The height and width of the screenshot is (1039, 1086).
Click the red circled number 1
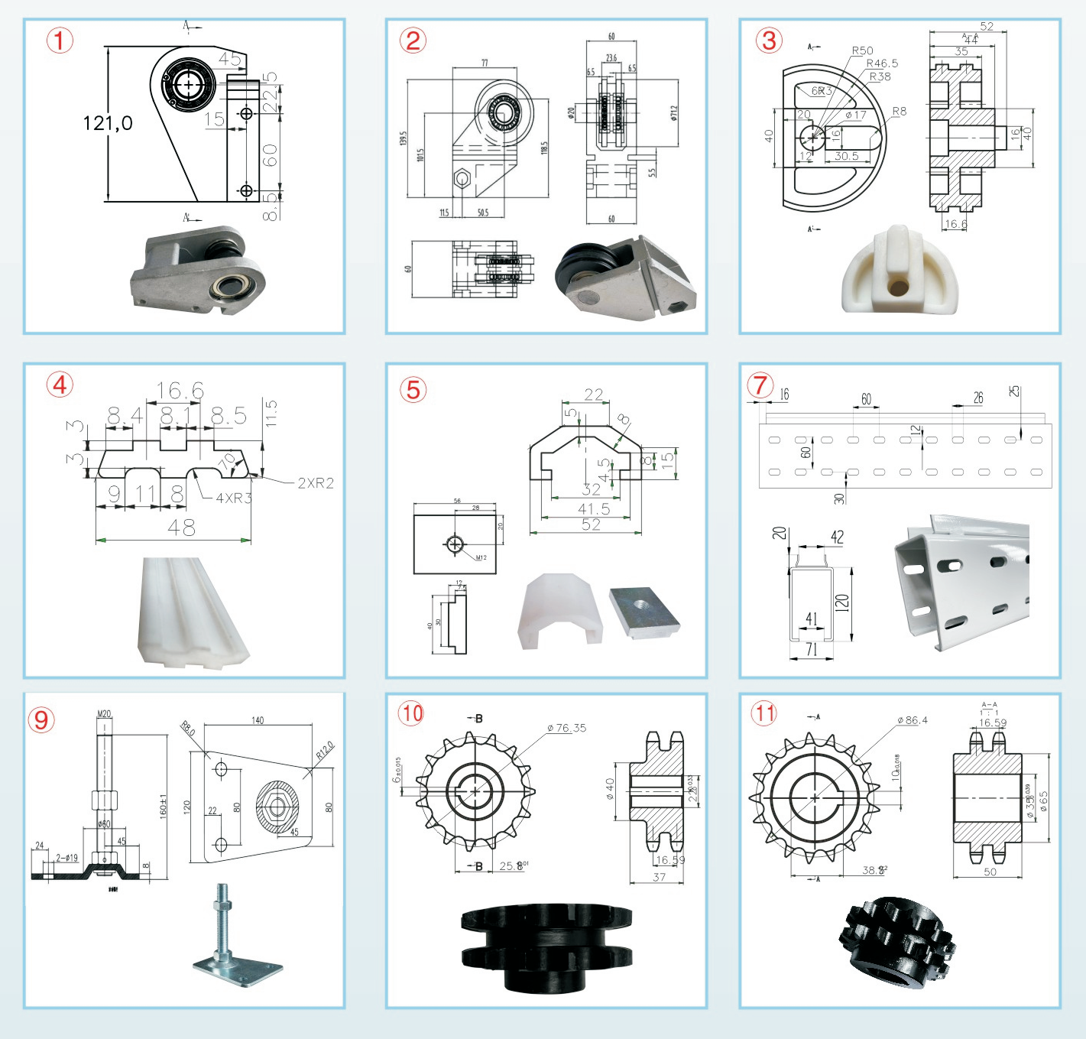[60, 40]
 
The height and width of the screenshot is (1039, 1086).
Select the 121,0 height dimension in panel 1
[107, 123]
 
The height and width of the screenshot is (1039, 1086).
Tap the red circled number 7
[760, 385]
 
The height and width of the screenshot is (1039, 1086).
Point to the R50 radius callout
[862, 50]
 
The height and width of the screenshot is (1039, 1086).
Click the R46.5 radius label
[882, 63]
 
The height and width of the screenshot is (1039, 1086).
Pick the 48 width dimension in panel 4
[181, 528]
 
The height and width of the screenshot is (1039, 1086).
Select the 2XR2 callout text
[316, 483]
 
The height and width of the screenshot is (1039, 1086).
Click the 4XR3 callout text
[233, 498]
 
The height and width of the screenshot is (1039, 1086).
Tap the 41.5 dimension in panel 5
[594, 509]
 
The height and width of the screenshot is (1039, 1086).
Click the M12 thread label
[481, 557]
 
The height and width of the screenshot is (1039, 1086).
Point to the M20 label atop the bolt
[104, 714]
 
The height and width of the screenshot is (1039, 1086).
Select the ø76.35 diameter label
[566, 728]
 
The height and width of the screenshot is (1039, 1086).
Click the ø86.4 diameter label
[913, 720]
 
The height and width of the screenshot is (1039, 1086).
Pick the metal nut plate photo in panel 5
[643, 611]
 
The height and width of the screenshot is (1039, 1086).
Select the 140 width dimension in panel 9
[258, 720]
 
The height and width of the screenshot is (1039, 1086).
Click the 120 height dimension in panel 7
[841, 602]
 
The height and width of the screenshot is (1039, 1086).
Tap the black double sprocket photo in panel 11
[897, 942]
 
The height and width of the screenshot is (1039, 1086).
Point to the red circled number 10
[411, 713]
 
